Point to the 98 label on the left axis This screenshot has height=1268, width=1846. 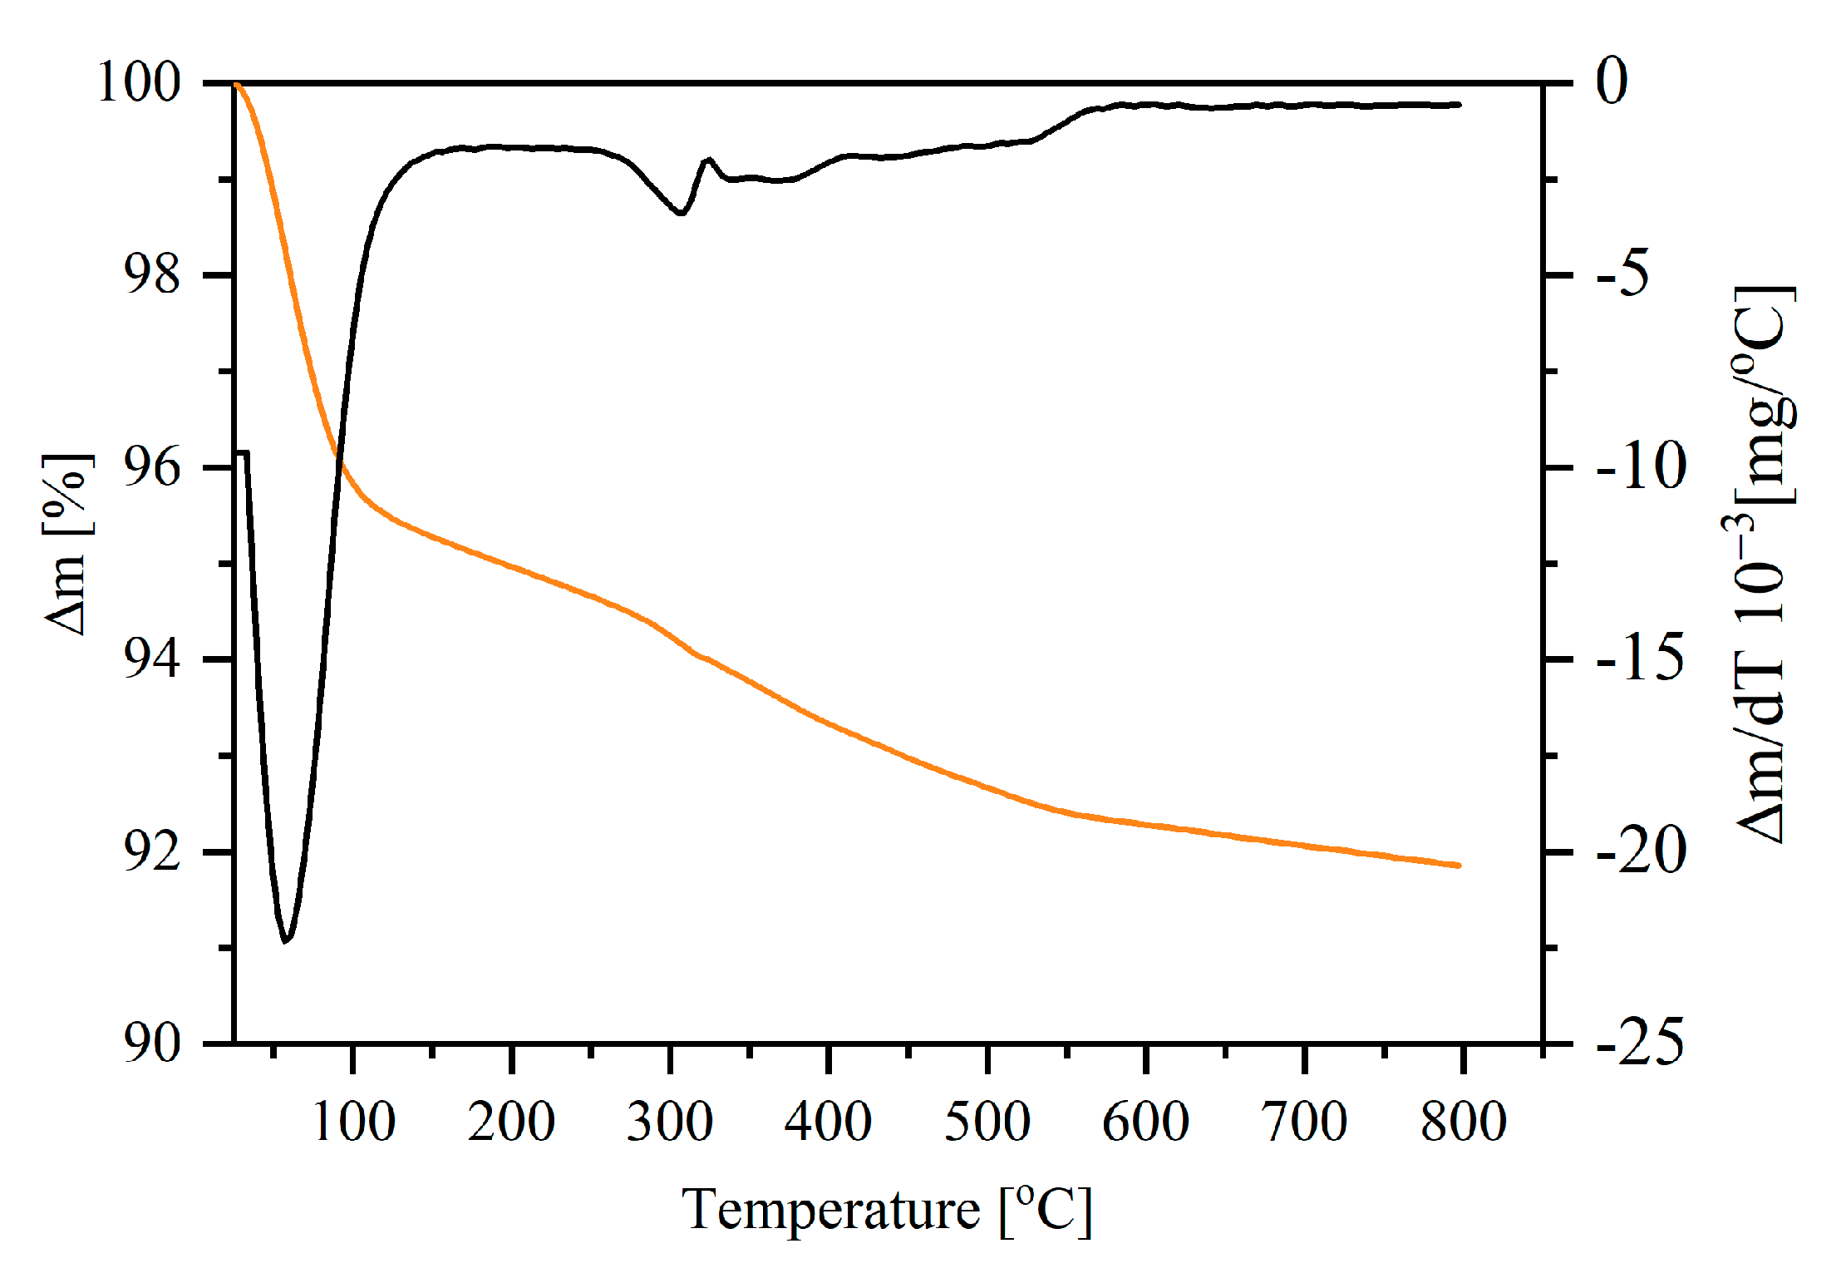coord(151,274)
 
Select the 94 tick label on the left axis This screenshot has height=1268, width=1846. coord(151,659)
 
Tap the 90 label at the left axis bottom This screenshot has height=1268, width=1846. coord(151,1043)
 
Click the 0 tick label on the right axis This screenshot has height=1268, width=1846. coord(1612,81)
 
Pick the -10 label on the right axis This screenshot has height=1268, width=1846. coord(1642,467)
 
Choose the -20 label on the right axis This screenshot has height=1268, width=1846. coord(1642,852)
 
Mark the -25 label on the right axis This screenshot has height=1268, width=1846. coord(1642,1043)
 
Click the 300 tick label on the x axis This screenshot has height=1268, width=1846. coord(669,1122)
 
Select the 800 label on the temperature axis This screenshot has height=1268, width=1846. coord(1463,1122)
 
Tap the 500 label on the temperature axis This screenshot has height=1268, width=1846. coord(987,1122)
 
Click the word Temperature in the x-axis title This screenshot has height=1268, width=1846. coord(830,1210)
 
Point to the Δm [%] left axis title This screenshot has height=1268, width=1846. coord(66,545)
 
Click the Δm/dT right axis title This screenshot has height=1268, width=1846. coord(1762,565)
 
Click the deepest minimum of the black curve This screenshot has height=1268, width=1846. coord(285,940)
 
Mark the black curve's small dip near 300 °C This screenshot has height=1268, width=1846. coord(681,213)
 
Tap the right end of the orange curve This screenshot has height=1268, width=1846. coord(1459,866)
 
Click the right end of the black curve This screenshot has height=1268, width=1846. coord(1459,105)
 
